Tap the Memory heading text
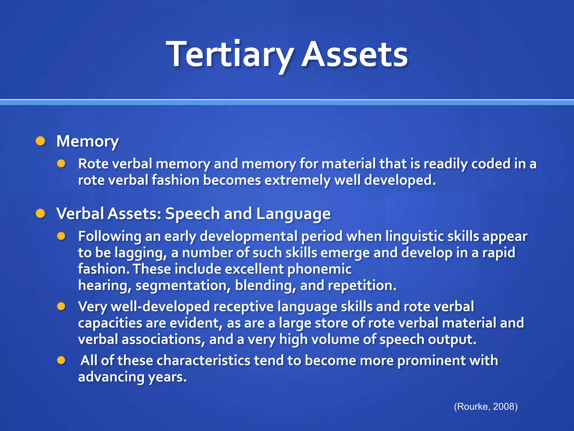(87, 141)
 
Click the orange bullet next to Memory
(41, 141)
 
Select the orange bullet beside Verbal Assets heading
(41, 214)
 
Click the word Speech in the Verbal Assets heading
(193, 214)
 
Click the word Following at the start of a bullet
(110, 236)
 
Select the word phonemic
(319, 269)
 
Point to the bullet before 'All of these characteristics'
(61, 360)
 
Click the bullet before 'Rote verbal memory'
(61, 164)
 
